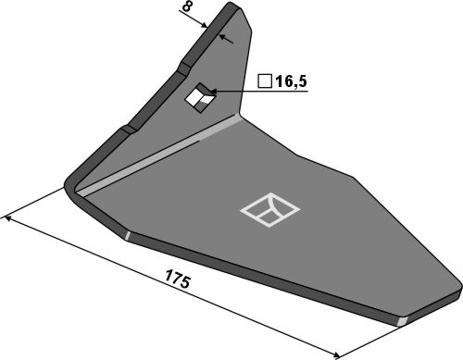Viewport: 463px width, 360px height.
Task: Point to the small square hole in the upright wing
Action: click(197, 96)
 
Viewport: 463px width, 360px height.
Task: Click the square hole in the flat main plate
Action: click(269, 209)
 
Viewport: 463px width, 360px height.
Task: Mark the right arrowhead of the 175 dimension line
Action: click(335, 353)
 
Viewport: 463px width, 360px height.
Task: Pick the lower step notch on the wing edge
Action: click(120, 132)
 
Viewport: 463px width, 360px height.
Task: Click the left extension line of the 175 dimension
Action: click(37, 203)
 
